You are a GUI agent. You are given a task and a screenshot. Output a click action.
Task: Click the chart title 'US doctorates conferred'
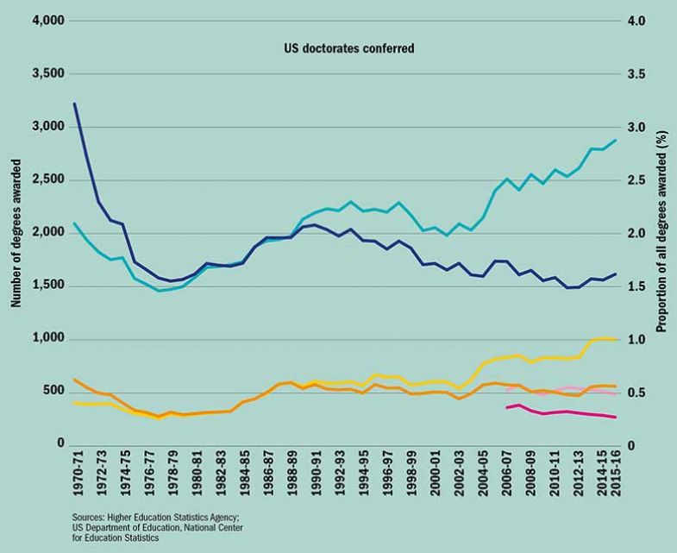click(x=349, y=49)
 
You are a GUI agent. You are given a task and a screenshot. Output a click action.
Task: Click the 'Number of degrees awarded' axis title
click(x=15, y=233)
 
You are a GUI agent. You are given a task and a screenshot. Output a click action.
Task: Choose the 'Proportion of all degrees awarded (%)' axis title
click(x=662, y=233)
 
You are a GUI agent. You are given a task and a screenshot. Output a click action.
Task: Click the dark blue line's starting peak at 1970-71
click(x=75, y=104)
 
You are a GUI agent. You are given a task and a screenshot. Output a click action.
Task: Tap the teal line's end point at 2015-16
click(x=615, y=140)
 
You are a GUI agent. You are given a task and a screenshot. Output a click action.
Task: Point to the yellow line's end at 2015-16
click(x=615, y=340)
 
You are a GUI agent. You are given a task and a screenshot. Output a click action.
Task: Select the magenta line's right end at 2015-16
click(x=615, y=418)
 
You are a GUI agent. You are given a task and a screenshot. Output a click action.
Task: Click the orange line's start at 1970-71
click(x=75, y=380)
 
